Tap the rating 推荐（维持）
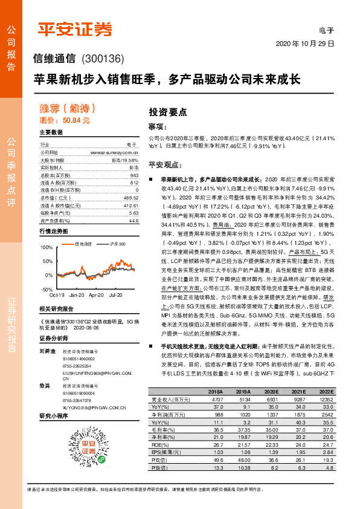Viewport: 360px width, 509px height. pyautogui.click(x=67, y=108)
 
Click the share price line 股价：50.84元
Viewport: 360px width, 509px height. pyautogui.click(x=65, y=120)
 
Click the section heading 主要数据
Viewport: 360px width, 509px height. pyautogui.click(x=51, y=132)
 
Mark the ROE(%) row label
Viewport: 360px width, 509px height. pyautogui.click(x=159, y=444)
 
